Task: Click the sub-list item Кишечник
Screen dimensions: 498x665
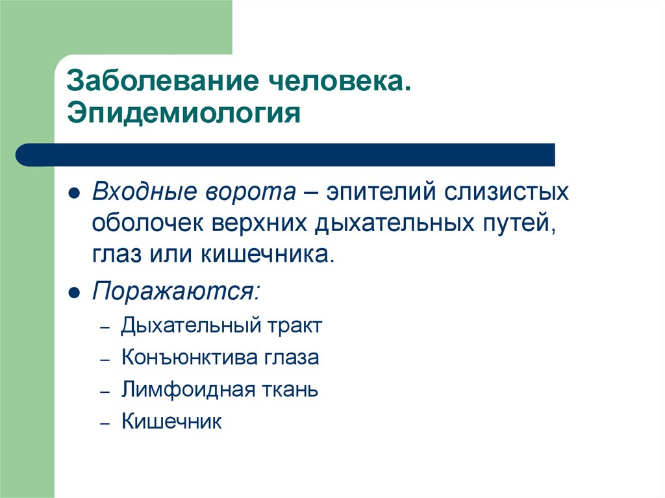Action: pyautogui.click(x=171, y=422)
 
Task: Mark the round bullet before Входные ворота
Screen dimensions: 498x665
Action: pyautogui.click(x=75, y=194)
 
